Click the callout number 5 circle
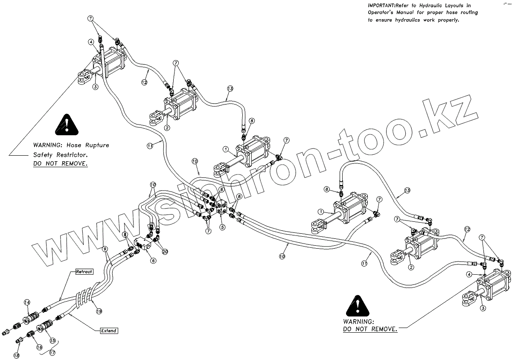click(222, 227)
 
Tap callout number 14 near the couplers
click(27, 302)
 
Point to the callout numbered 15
click(53, 340)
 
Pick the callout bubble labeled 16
click(39, 348)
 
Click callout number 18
click(16, 355)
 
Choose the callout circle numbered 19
click(99, 311)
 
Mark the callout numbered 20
click(165, 252)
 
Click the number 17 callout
click(53, 353)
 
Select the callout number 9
click(105, 248)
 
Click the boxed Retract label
click(84, 272)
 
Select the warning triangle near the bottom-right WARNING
click(357, 306)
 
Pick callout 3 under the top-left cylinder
click(95, 87)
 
